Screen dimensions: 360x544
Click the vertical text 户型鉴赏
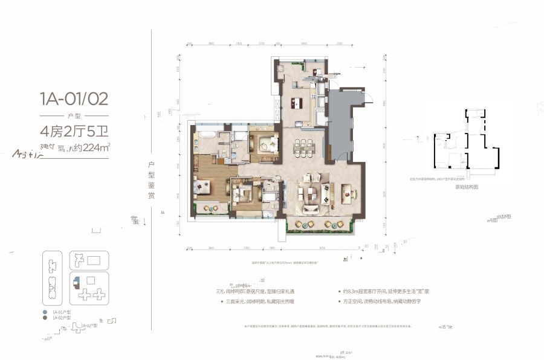pyautogui.click(x=151, y=181)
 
